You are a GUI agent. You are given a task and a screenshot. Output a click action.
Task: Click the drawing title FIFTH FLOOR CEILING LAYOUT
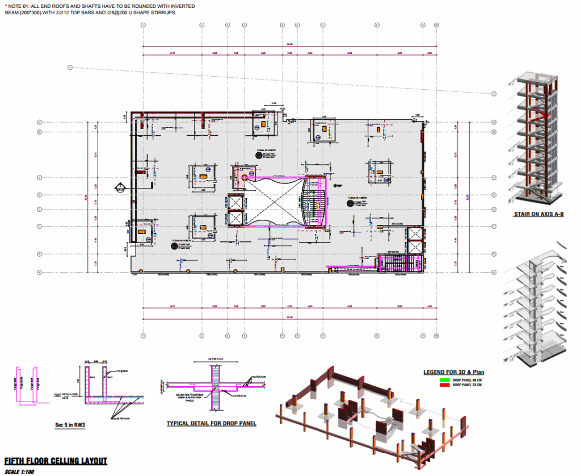[x=55, y=461]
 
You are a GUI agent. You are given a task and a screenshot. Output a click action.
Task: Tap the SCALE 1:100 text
[x=20, y=471]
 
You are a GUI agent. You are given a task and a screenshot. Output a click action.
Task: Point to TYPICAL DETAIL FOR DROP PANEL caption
[x=211, y=424]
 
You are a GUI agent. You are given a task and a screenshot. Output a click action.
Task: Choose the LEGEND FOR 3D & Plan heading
[x=454, y=373]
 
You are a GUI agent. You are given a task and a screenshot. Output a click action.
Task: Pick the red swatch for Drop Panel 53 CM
[x=444, y=385]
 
